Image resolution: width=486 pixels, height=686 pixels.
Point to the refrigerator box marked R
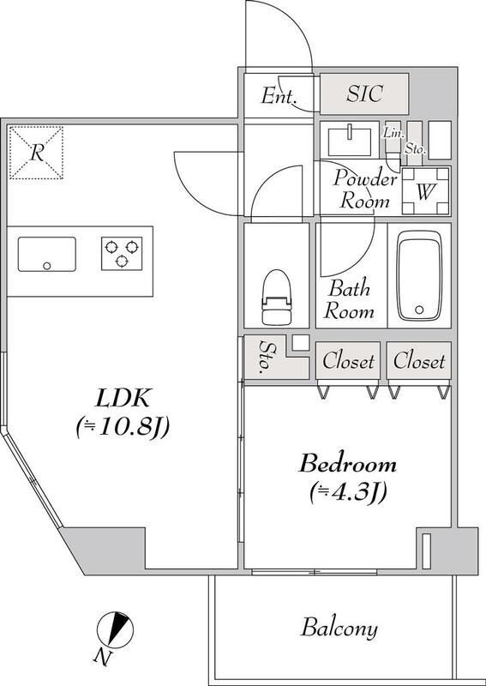click(x=36, y=153)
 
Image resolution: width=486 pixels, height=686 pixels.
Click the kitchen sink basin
click(x=47, y=255)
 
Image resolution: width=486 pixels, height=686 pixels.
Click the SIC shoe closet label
click(x=364, y=93)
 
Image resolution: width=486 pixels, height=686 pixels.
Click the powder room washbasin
click(x=348, y=138)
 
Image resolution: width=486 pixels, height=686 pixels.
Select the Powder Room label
click(x=365, y=190)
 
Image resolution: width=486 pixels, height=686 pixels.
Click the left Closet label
click(x=348, y=361)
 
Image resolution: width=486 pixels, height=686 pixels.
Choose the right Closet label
click(x=419, y=361)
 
